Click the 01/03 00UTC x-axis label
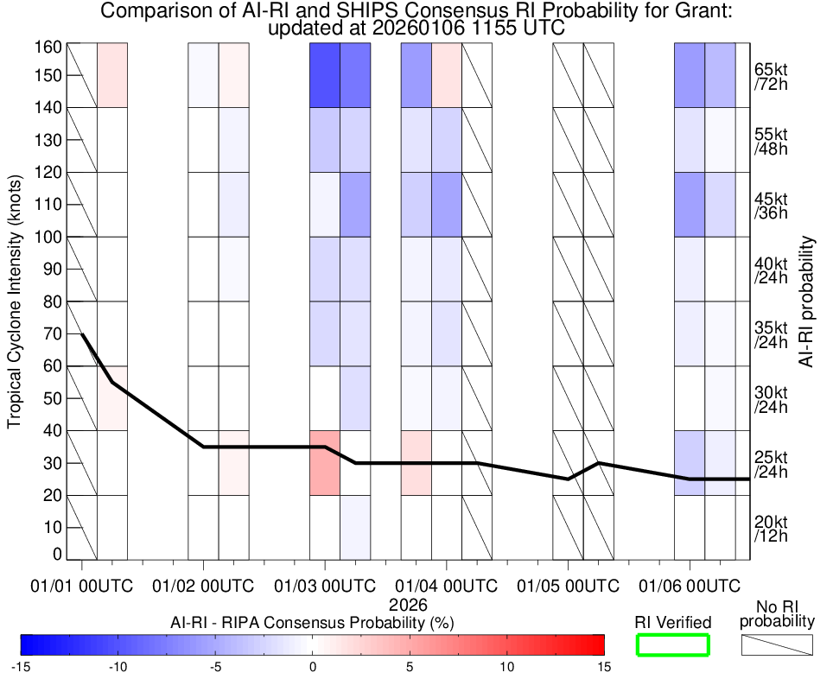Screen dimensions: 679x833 point(325,586)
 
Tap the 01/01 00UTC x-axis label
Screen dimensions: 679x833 point(82,586)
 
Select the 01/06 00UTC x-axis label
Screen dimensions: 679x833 point(690,586)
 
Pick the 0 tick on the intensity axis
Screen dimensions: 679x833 point(58,554)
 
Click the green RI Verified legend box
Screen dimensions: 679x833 point(672,644)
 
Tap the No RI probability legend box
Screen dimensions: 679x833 point(777,644)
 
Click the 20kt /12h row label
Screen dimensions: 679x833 point(771,528)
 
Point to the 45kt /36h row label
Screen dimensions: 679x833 point(771,205)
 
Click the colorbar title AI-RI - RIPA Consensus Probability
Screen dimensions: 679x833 point(312,622)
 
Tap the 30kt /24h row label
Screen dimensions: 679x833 point(771,398)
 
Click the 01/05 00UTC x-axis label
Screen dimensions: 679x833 point(568,586)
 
